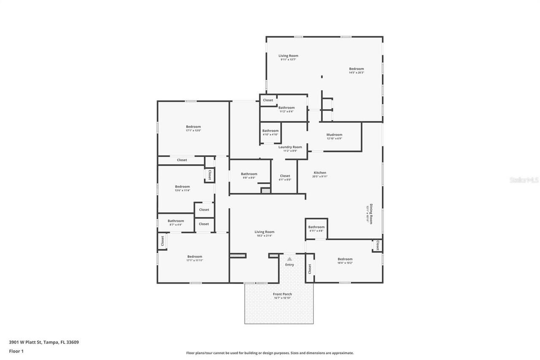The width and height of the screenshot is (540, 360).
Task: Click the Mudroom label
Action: (334, 135)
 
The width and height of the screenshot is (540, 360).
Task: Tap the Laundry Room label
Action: (290, 147)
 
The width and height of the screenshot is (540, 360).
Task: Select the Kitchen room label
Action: (320, 173)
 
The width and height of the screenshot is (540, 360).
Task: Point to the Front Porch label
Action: (282, 294)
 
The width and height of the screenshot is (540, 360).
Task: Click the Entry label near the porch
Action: (289, 265)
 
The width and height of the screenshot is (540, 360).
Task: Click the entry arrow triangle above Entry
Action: (289, 259)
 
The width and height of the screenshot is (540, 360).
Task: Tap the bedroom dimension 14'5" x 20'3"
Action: (356, 73)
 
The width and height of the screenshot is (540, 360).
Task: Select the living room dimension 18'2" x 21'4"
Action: (265, 235)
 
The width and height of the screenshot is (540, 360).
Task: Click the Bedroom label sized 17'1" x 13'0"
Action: (193, 127)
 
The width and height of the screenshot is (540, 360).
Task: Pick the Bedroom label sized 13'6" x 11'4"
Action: (182, 187)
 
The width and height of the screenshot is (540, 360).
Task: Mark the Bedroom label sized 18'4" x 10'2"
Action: (345, 259)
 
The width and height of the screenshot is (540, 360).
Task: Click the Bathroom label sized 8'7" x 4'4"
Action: (175, 221)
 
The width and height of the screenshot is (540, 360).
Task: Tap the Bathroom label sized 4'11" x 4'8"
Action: (316, 227)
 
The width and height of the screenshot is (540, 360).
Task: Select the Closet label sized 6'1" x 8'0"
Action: (285, 176)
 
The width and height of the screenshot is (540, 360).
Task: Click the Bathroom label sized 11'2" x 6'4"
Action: (286, 108)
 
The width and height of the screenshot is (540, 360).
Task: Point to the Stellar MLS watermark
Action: (524, 180)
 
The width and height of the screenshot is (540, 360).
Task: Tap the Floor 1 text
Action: (16, 351)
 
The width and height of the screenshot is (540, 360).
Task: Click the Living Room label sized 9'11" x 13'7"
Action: (288, 56)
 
